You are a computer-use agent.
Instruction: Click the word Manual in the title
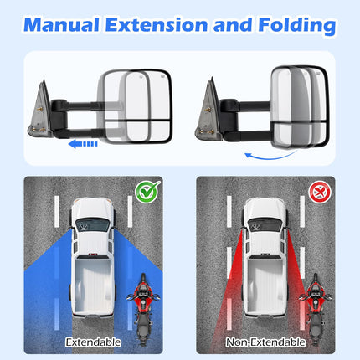pyautogui.click(x=61, y=24)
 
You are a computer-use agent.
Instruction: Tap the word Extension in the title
pyautogui.click(x=157, y=24)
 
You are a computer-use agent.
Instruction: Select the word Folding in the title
pyautogui.click(x=297, y=26)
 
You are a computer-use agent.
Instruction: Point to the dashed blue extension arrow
pyautogui.click(x=83, y=144)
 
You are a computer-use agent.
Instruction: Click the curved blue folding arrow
pyautogui.click(x=270, y=157)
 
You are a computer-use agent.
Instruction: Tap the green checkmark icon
pyautogui.click(x=147, y=192)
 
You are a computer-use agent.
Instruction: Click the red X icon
pyautogui.click(x=320, y=192)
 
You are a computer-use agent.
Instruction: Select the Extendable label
pyautogui.click(x=93, y=342)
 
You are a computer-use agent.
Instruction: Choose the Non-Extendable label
pyautogui.click(x=265, y=342)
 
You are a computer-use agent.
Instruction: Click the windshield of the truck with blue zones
pyautogui.click(x=93, y=224)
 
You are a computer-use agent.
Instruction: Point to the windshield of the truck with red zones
pyautogui.click(x=265, y=224)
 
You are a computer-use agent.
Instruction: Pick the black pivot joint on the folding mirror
pyautogui.click(x=229, y=106)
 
